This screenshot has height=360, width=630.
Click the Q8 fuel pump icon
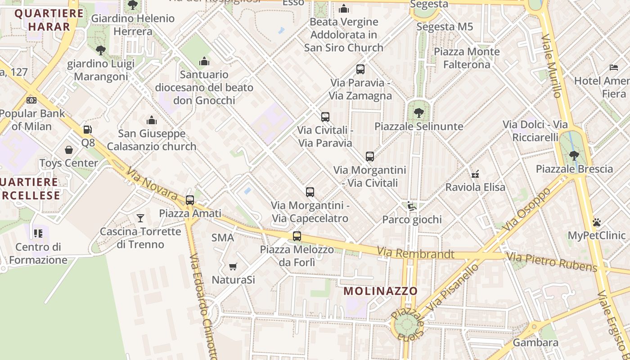point(87,130)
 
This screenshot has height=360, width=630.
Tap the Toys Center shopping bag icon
point(69,149)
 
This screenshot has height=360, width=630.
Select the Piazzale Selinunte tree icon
point(419,112)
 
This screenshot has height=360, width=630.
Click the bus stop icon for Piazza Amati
point(190,200)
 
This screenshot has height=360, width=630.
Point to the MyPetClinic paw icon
point(597,222)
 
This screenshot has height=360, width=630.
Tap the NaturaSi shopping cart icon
point(233,266)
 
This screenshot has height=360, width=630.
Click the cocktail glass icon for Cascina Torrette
point(140,218)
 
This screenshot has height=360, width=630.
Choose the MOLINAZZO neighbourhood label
point(381,291)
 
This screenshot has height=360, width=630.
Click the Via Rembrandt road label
point(415,253)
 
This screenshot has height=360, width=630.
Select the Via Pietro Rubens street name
point(552,262)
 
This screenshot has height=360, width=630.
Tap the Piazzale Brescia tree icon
point(574,156)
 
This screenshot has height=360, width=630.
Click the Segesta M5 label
point(445,27)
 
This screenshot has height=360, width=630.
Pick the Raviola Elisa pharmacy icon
point(475,174)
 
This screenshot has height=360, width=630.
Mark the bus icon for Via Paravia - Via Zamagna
point(360,69)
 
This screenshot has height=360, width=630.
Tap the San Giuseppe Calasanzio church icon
point(152,120)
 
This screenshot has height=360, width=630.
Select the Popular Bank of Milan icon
point(31,100)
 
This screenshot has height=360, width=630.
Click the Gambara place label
point(535,342)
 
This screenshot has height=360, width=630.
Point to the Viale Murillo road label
point(552,66)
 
